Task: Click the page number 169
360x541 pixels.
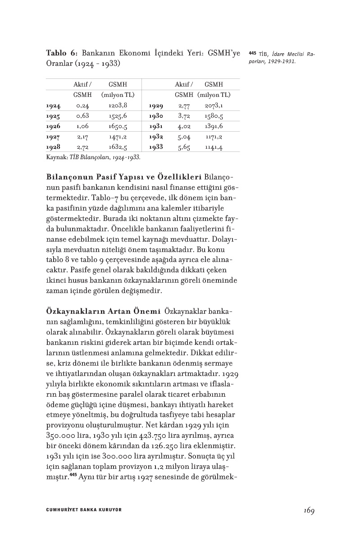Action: pos(309,510)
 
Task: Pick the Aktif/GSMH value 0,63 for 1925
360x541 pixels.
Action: pos(82,116)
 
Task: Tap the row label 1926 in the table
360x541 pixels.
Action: pos(53,126)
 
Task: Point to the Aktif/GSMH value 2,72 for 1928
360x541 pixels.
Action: pos(82,147)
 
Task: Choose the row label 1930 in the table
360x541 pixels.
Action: pos(156,116)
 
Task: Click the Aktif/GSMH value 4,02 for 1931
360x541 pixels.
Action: pos(184,126)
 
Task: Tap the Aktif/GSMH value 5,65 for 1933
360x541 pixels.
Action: pos(184,147)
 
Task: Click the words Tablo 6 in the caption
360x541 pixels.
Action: pos(62,53)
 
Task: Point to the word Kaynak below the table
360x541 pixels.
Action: pos(55,158)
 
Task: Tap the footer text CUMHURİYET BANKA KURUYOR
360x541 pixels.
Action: pos(84,510)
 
